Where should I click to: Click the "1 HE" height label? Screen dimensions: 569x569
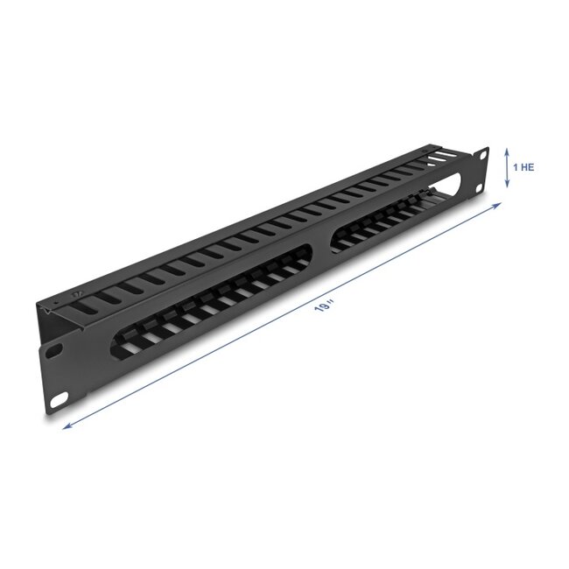523,166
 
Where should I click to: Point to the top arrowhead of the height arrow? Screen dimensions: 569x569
507,150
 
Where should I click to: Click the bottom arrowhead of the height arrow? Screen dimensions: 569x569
507,185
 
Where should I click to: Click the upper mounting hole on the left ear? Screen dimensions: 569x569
53,352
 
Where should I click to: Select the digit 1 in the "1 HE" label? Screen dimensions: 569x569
516,166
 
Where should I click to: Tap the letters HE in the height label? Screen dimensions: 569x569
528,166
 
